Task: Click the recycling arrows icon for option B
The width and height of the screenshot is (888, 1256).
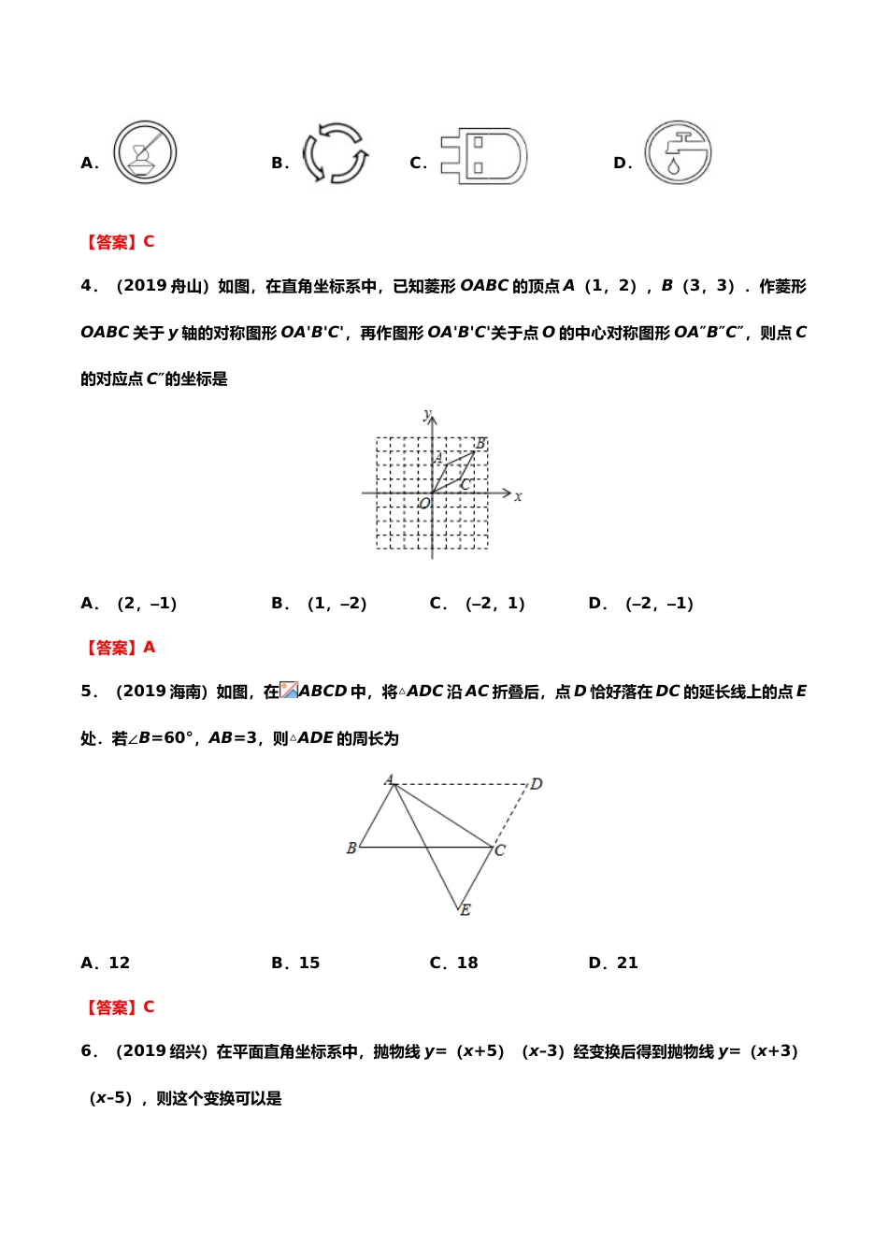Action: pos(335,152)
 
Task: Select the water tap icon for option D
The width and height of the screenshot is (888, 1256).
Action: pos(678,152)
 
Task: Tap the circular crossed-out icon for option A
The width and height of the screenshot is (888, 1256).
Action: pos(145,152)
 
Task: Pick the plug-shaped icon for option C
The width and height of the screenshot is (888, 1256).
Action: pos(485,155)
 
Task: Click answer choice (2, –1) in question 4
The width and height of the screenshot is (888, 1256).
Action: pos(147,604)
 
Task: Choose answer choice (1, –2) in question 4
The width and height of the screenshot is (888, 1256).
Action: pos(337,604)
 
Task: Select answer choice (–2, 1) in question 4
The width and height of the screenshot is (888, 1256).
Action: pos(494,604)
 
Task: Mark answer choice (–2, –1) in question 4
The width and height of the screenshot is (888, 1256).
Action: pos(659,604)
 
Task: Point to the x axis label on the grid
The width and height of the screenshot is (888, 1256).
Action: pos(518,496)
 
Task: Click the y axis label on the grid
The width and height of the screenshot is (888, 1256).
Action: pos(427,414)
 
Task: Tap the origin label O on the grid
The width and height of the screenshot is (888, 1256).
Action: pos(424,504)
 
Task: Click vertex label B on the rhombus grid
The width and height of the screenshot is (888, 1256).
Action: pos(480,443)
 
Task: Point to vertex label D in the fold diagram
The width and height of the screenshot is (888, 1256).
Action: pos(537,784)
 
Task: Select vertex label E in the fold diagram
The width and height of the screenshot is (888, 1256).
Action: pos(465,909)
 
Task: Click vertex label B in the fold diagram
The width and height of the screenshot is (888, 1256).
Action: pos(351,849)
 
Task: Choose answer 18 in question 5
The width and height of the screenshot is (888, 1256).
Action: pos(466,963)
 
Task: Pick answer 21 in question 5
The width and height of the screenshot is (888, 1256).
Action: pos(627,963)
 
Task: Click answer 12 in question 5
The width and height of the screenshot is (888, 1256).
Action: pos(119,963)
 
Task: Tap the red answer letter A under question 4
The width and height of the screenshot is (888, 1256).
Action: pos(149,648)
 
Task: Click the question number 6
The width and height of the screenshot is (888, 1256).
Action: pos(87,1051)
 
